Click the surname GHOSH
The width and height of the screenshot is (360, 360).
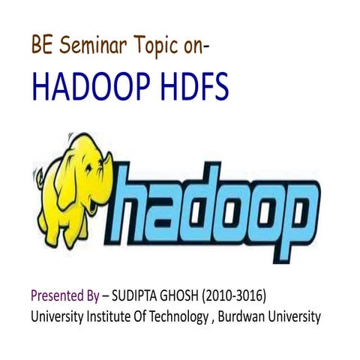(x=187, y=295)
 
